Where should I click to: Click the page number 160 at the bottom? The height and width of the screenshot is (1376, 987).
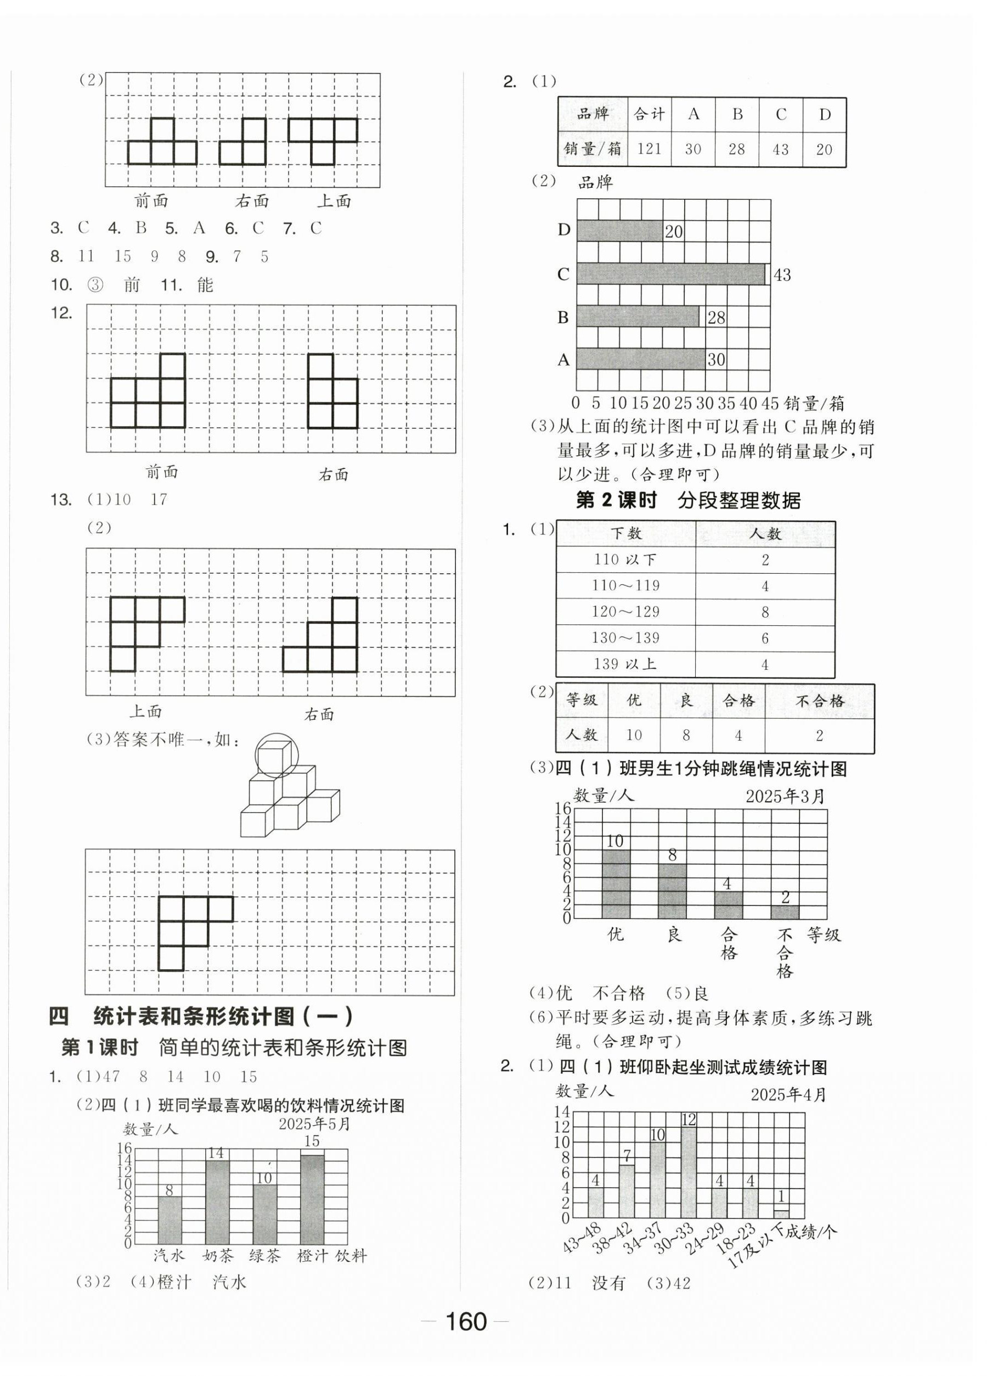466,1321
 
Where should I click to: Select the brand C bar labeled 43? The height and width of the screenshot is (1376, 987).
670,273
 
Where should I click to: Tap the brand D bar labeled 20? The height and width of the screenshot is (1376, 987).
619,231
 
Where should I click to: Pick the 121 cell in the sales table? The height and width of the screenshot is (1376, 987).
649,149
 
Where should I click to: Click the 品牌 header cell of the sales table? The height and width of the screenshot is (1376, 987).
593,115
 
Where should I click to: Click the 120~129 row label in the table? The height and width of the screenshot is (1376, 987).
625,612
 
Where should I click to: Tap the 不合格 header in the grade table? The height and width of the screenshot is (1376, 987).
819,701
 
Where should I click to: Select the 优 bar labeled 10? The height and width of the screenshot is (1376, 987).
616,884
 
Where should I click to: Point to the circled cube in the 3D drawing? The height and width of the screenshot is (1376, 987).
277,756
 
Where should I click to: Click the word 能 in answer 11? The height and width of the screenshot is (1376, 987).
205,285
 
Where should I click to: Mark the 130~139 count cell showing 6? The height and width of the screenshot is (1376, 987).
765,638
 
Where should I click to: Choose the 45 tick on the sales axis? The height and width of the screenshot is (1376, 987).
770,403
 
